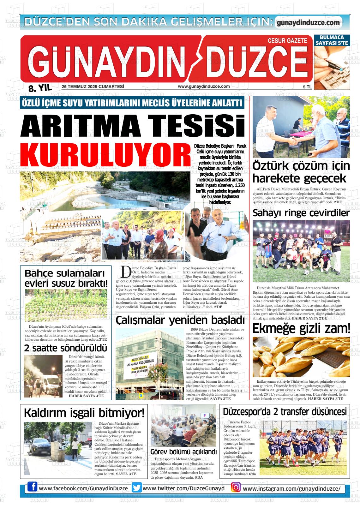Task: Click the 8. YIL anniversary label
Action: [x=40, y=88]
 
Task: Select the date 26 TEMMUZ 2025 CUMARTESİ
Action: [x=93, y=87]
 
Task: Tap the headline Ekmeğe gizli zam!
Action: [x=301, y=329]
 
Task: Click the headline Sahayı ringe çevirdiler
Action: [x=301, y=213]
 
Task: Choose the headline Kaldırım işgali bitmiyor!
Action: [x=84, y=412]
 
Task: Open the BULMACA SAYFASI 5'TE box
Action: [x=332, y=40]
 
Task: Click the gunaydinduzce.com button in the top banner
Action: [x=308, y=23]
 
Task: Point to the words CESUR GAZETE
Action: [x=287, y=41]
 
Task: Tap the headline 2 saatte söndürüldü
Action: [x=66, y=348]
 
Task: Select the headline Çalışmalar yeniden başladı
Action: [x=180, y=320]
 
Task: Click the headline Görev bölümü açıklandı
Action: [x=183, y=451]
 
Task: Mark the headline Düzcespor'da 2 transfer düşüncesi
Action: [x=285, y=412]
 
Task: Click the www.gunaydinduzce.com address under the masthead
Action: [x=204, y=86]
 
